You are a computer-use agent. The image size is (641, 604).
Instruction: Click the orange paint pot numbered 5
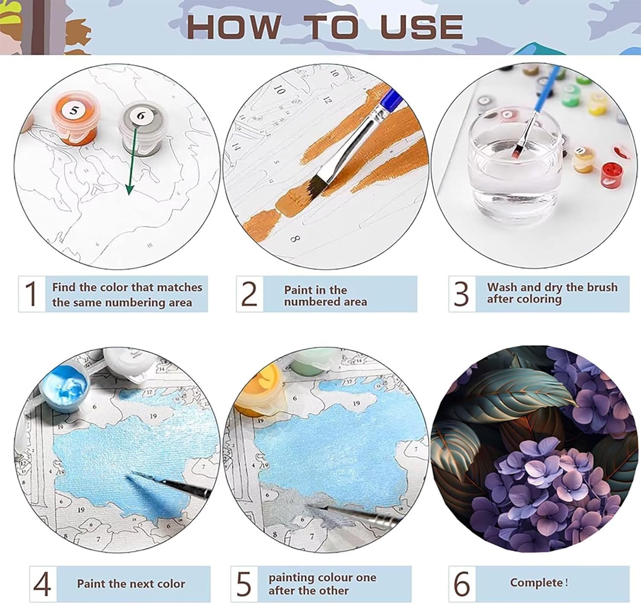click(74, 118)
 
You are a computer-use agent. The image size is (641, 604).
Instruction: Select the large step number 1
click(31, 294)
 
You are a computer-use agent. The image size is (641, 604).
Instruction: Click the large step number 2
click(250, 294)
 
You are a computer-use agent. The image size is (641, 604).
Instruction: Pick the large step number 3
click(461, 294)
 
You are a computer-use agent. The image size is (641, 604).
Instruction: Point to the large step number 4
click(42, 584)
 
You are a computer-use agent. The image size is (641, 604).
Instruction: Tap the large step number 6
click(462, 583)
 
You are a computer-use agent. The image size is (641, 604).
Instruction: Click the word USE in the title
click(422, 27)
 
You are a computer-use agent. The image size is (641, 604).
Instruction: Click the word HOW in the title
click(234, 27)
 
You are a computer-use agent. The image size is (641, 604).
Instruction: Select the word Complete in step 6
click(536, 583)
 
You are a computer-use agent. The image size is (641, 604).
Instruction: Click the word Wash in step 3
click(503, 287)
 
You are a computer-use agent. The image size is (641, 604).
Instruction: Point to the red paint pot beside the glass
click(612, 176)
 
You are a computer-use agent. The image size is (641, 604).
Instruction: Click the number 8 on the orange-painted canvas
click(295, 239)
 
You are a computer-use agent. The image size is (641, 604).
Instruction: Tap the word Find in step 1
click(64, 287)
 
